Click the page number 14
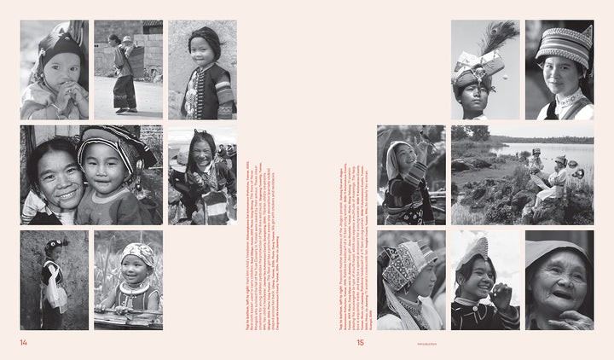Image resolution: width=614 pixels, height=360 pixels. [x=25, y=343]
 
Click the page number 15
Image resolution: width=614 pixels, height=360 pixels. [x=360, y=343]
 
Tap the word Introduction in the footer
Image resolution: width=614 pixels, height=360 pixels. [x=426, y=344]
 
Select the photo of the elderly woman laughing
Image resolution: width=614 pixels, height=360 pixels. [x=559, y=280]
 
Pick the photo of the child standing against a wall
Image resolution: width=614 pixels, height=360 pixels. [x=55, y=280]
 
